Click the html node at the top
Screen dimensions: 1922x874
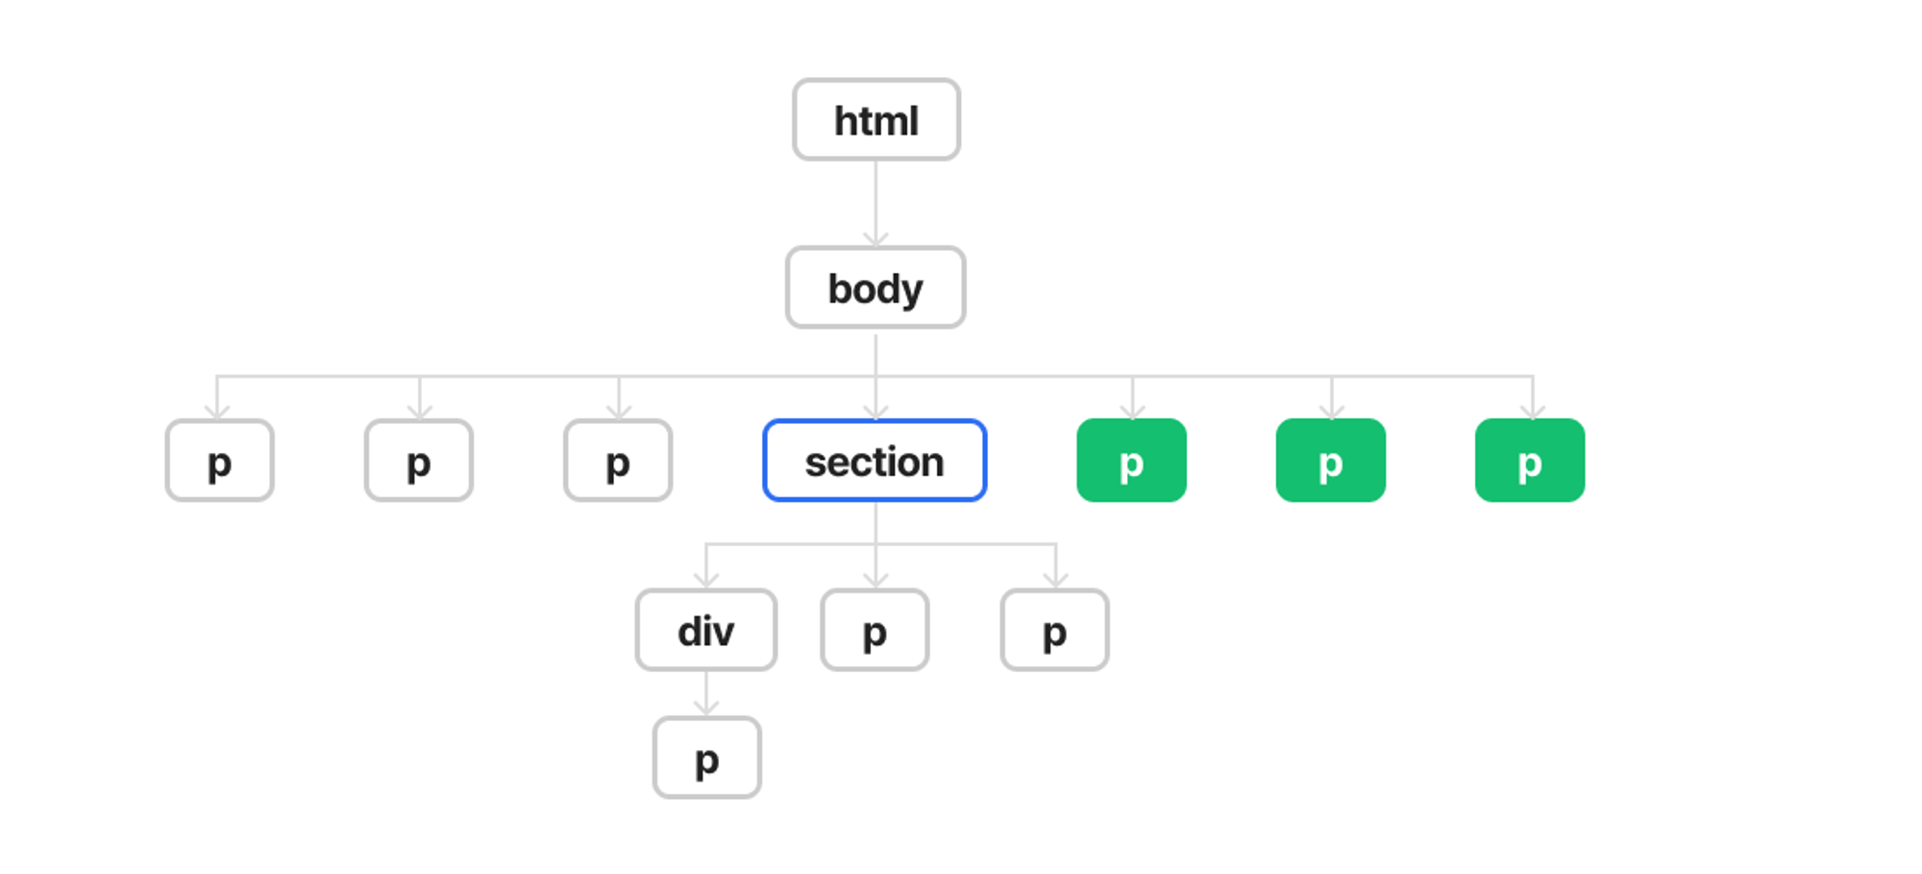point(876,119)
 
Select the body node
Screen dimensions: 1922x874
point(875,287)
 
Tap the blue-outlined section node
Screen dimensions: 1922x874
point(875,461)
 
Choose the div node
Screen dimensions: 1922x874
point(706,630)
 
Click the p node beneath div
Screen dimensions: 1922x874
point(707,758)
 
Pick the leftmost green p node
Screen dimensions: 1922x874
point(1132,461)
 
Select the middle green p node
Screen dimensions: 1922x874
point(1331,461)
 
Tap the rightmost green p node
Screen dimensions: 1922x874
point(1530,461)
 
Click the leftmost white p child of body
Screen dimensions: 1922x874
point(220,461)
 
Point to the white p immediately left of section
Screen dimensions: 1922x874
point(618,461)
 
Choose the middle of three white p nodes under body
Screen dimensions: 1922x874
point(419,461)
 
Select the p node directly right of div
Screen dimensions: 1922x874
point(875,630)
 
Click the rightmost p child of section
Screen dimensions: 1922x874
point(1055,630)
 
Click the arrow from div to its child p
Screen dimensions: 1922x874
point(706,693)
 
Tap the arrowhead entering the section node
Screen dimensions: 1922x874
point(875,412)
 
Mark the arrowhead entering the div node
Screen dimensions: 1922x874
point(706,581)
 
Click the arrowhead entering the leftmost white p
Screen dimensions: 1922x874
point(217,412)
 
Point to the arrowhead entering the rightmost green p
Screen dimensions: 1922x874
point(1533,412)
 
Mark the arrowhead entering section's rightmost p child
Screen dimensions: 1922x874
point(1056,581)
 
